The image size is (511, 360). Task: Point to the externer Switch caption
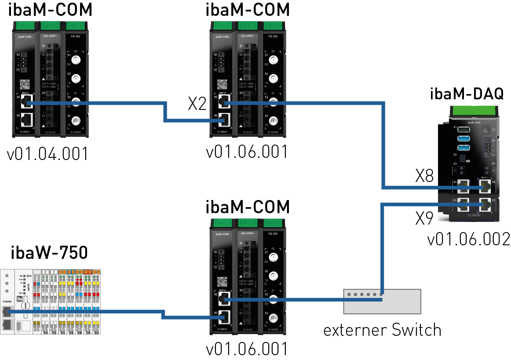(382, 329)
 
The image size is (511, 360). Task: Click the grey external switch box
(382, 301)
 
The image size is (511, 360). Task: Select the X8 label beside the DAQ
(424, 177)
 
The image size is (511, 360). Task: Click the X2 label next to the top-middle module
(197, 104)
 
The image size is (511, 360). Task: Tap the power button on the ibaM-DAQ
(487, 130)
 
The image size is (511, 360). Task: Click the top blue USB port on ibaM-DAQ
(463, 130)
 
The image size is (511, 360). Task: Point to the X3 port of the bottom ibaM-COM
(224, 315)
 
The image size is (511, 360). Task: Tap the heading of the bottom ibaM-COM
(248, 206)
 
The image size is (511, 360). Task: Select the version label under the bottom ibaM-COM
(247, 349)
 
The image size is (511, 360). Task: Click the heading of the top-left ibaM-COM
(50, 10)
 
